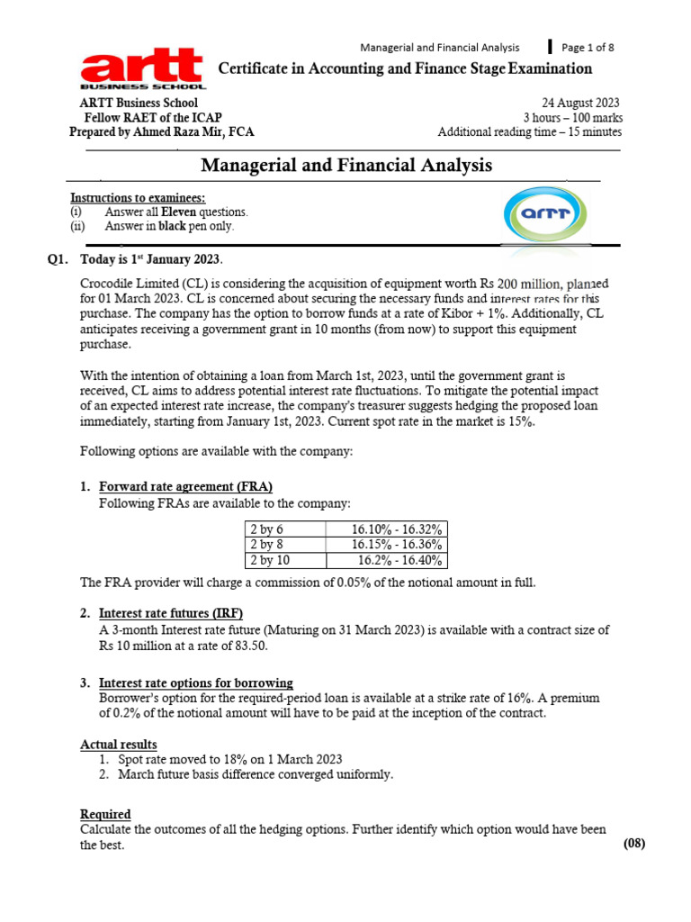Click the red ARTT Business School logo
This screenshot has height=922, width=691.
point(143,70)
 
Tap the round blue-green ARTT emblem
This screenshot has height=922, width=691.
point(538,213)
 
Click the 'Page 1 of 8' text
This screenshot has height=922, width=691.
point(588,48)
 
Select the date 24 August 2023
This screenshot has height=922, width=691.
point(579,104)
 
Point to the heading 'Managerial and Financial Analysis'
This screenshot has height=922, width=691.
point(346,166)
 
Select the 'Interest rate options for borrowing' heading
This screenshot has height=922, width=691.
point(195,682)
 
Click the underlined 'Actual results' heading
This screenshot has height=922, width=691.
point(119,745)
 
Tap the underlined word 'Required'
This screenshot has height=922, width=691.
point(105,814)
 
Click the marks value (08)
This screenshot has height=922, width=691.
point(633,844)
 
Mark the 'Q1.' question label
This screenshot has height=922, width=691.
point(59,260)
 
